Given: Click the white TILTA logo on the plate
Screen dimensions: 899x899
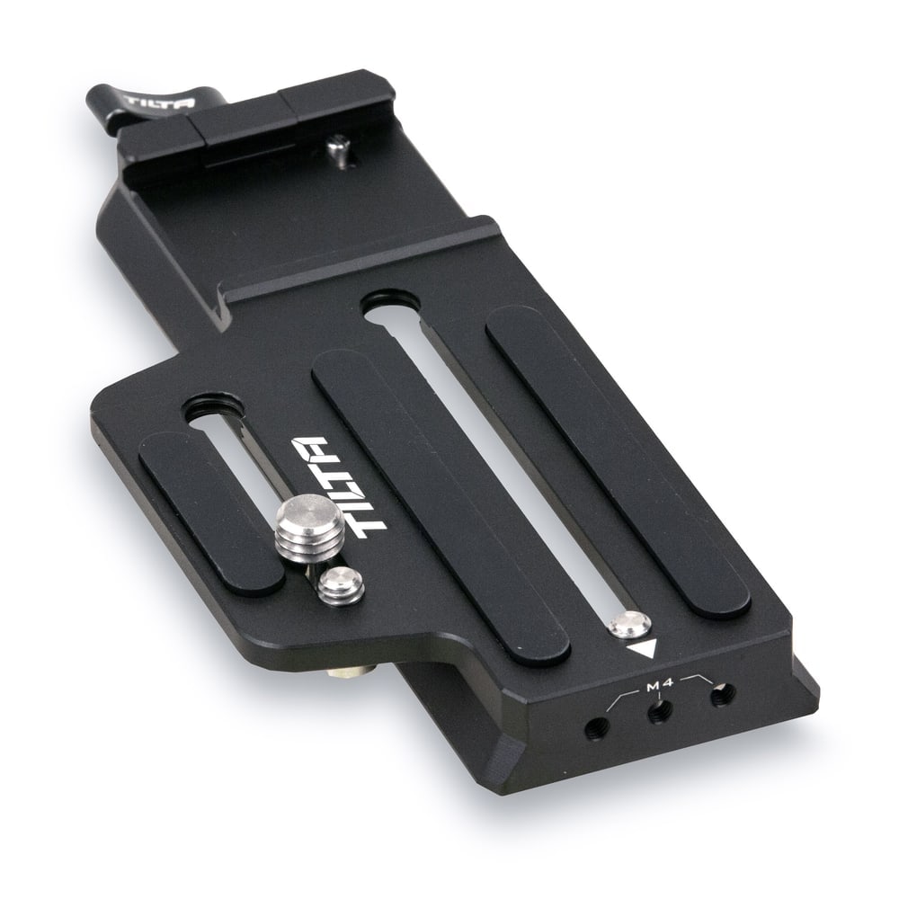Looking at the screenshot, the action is [340, 488].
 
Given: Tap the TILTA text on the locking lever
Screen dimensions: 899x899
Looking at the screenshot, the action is [161, 103].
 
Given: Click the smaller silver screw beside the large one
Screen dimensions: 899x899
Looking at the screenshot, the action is [342, 586].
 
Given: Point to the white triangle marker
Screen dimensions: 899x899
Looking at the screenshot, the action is [642, 650].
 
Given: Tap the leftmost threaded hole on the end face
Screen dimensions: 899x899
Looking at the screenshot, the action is [597, 728].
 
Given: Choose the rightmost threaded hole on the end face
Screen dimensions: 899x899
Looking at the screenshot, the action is [722, 696].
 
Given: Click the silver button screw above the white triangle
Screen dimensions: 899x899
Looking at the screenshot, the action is [629, 624].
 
